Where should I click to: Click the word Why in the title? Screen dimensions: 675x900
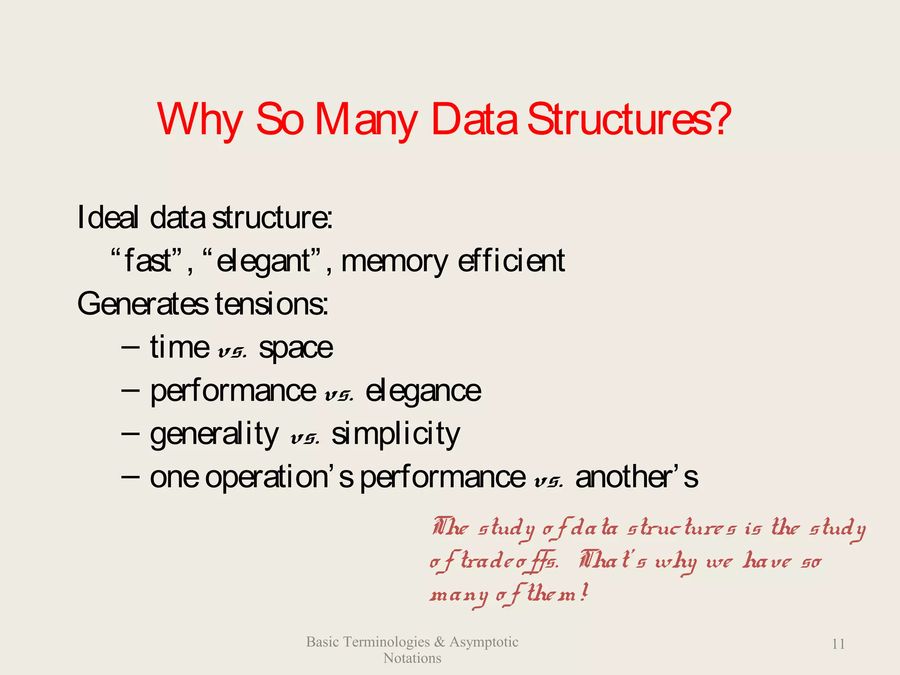point(200,120)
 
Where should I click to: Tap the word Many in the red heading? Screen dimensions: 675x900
point(366,120)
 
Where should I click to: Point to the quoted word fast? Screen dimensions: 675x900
point(148,261)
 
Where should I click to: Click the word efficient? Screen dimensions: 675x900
point(511,261)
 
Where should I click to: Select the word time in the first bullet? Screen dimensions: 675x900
point(180,347)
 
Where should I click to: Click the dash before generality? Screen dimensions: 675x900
point(130,432)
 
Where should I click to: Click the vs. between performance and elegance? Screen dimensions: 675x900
point(339,396)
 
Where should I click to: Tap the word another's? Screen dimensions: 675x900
point(637,477)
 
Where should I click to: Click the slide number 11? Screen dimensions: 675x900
point(838,644)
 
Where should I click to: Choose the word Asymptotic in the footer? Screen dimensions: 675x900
point(483,642)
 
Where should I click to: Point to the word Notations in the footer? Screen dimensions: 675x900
point(412,658)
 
